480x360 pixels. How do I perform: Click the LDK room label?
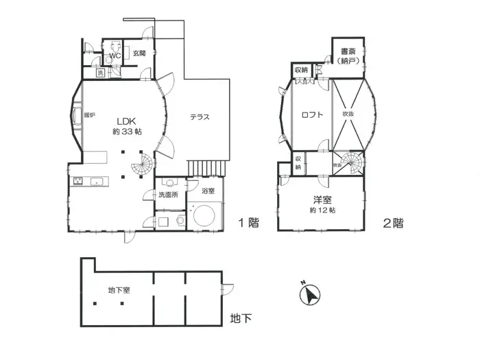pyautogui.click(x=123, y=119)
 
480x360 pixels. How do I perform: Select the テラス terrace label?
pyautogui.click(x=200, y=117)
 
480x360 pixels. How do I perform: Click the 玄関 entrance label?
pyautogui.click(x=139, y=53)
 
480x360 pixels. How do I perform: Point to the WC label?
pyautogui.click(x=115, y=55)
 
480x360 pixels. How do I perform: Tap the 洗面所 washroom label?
pyautogui.click(x=167, y=195)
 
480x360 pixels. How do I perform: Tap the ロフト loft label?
pyautogui.click(x=312, y=115)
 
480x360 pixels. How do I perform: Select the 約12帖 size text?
pyautogui.click(x=321, y=211)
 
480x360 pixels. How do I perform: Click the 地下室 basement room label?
pyautogui.click(x=119, y=290)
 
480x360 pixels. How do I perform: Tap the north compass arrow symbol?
pyautogui.click(x=311, y=296)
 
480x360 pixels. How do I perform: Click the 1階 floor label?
pyautogui.click(x=249, y=222)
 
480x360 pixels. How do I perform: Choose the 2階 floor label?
pyautogui.click(x=393, y=222)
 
